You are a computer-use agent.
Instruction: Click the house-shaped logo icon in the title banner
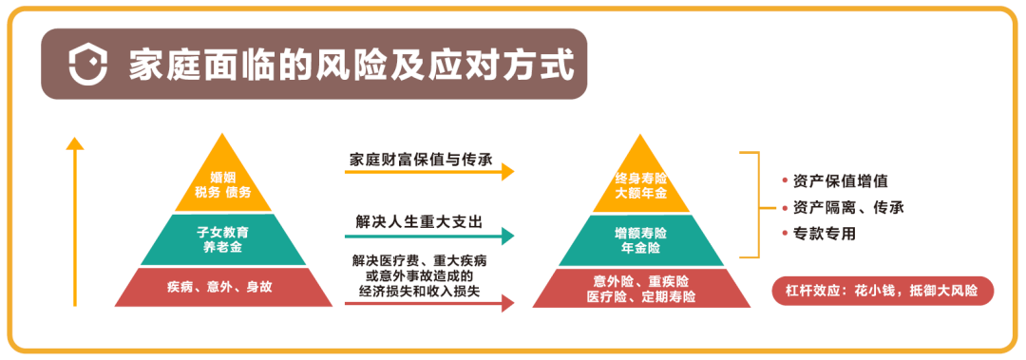[87, 66]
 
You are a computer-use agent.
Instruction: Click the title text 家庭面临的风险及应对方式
[351, 66]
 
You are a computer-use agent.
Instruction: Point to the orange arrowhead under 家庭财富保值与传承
[508, 172]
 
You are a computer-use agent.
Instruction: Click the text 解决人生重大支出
[419, 222]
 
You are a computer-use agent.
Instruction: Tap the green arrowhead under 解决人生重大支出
[508, 236]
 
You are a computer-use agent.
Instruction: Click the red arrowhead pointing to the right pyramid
[508, 304]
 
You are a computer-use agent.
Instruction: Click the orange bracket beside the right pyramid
[757, 204]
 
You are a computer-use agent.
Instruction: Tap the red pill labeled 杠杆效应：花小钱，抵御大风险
[883, 290]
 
